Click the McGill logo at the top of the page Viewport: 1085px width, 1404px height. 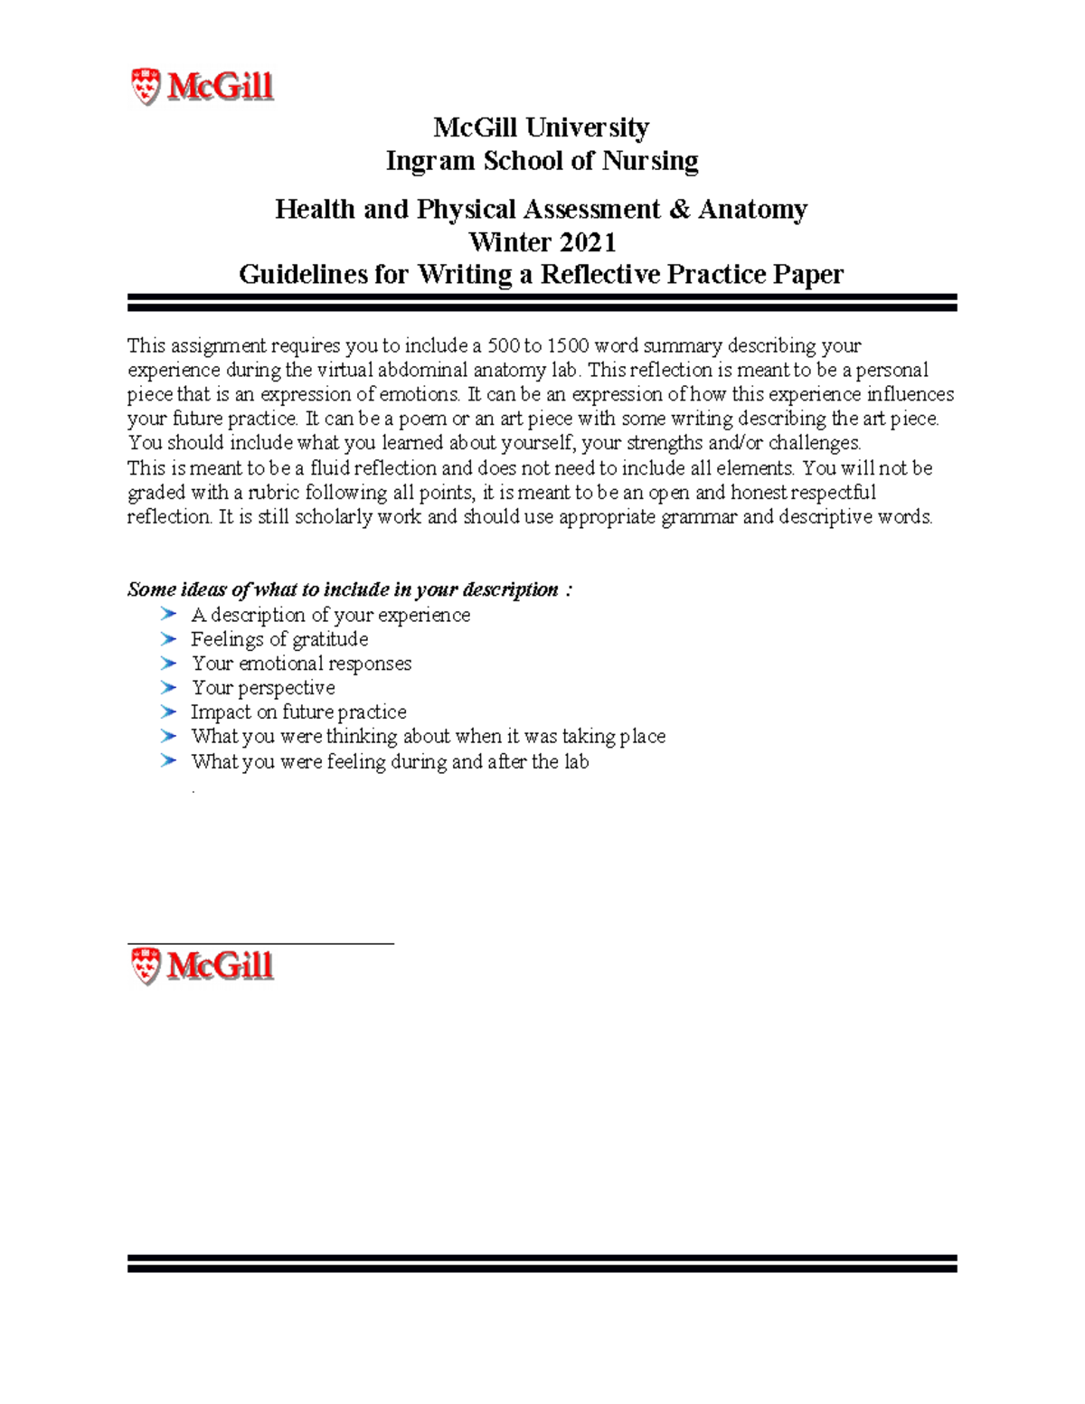click(203, 87)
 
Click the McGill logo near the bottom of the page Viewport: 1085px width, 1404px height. click(203, 966)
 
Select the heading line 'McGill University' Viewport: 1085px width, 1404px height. click(541, 127)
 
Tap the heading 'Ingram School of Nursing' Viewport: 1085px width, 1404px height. click(542, 161)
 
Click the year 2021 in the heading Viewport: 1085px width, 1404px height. click(587, 242)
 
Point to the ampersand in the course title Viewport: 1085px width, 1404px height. click(678, 210)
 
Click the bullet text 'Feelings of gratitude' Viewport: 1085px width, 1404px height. click(279, 639)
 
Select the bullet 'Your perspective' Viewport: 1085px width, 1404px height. click(263, 688)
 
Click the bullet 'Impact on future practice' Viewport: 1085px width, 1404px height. click(298, 712)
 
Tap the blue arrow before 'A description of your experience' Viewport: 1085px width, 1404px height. click(167, 614)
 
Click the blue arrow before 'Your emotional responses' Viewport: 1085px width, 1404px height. click(167, 663)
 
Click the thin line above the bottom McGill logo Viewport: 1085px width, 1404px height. click(260, 943)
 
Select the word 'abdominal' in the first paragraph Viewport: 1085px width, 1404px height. click(423, 370)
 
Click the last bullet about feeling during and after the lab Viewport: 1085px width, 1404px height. click(390, 761)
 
